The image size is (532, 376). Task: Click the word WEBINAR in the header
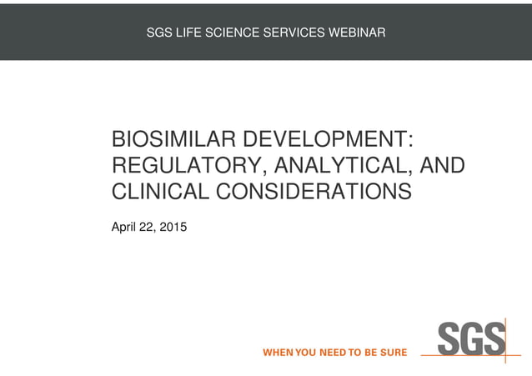[x=357, y=33]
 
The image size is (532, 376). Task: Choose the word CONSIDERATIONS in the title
[x=314, y=192]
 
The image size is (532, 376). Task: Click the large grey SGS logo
[x=472, y=339]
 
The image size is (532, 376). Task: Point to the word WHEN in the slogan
[x=278, y=353]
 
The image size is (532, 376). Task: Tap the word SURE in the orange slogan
[x=392, y=353]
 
